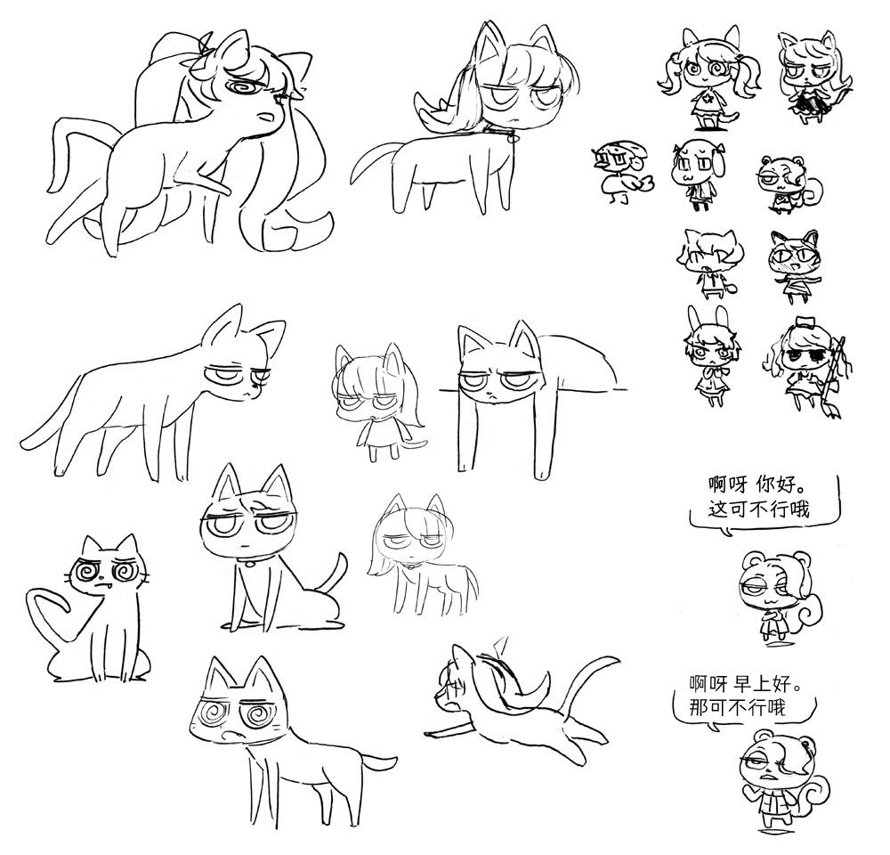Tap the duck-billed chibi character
pyautogui.click(x=621, y=170)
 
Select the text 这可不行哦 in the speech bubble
pyautogui.click(x=758, y=509)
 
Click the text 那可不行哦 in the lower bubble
pyautogui.click(x=738, y=707)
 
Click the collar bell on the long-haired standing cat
pyautogui.click(x=512, y=137)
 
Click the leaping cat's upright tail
pyautogui.click(x=591, y=681)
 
